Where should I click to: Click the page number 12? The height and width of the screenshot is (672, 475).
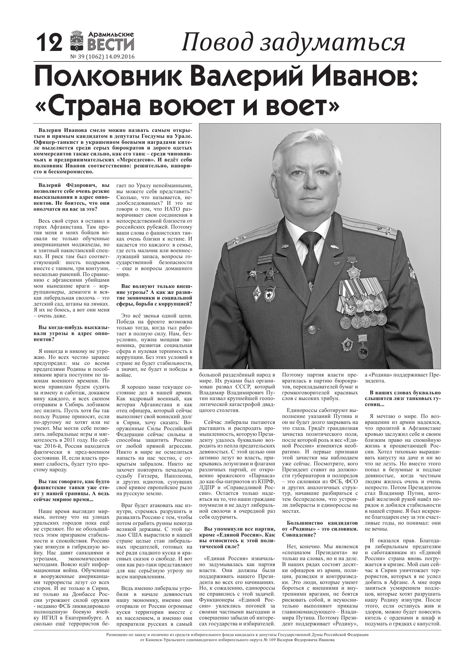(x=49, y=43)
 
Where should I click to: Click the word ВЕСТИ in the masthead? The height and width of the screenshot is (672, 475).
(x=111, y=45)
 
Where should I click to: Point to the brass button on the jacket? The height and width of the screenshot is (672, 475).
(x=311, y=330)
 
